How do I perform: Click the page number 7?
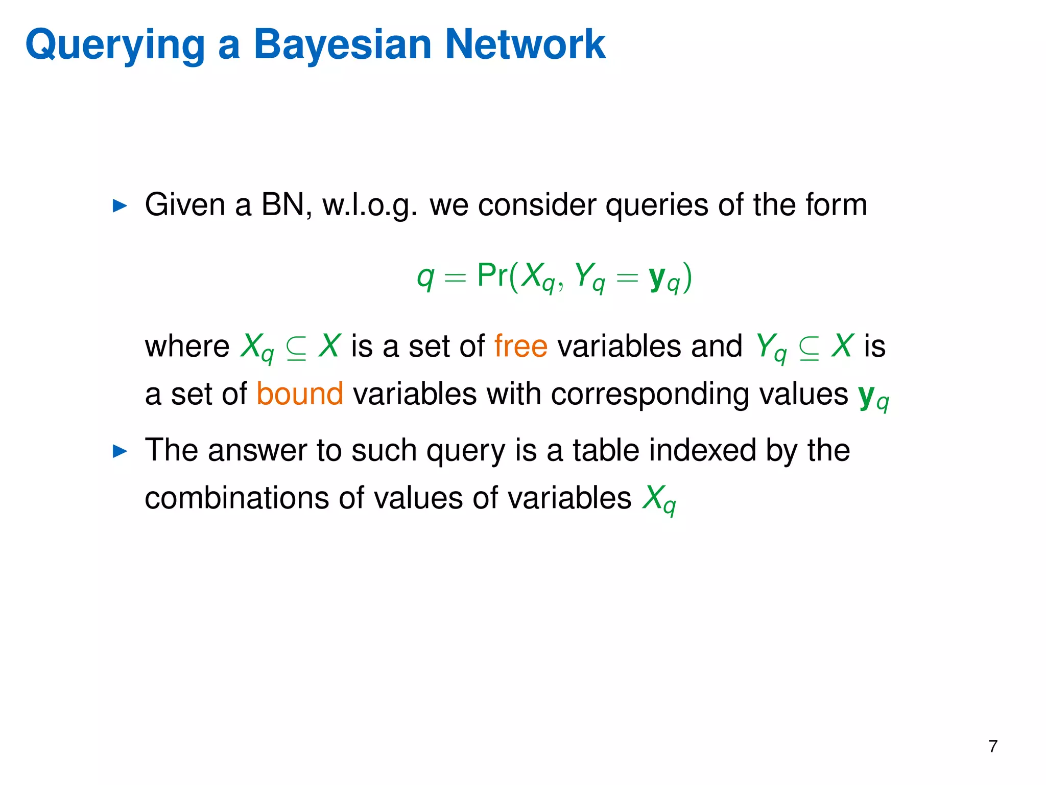[993, 747]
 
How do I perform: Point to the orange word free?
[520, 346]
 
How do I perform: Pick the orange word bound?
[300, 394]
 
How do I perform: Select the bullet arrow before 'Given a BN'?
[120, 206]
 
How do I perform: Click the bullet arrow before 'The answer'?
[120, 451]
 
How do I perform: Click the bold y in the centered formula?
[657, 278]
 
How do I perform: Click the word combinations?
[236, 498]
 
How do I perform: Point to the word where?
[187, 346]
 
